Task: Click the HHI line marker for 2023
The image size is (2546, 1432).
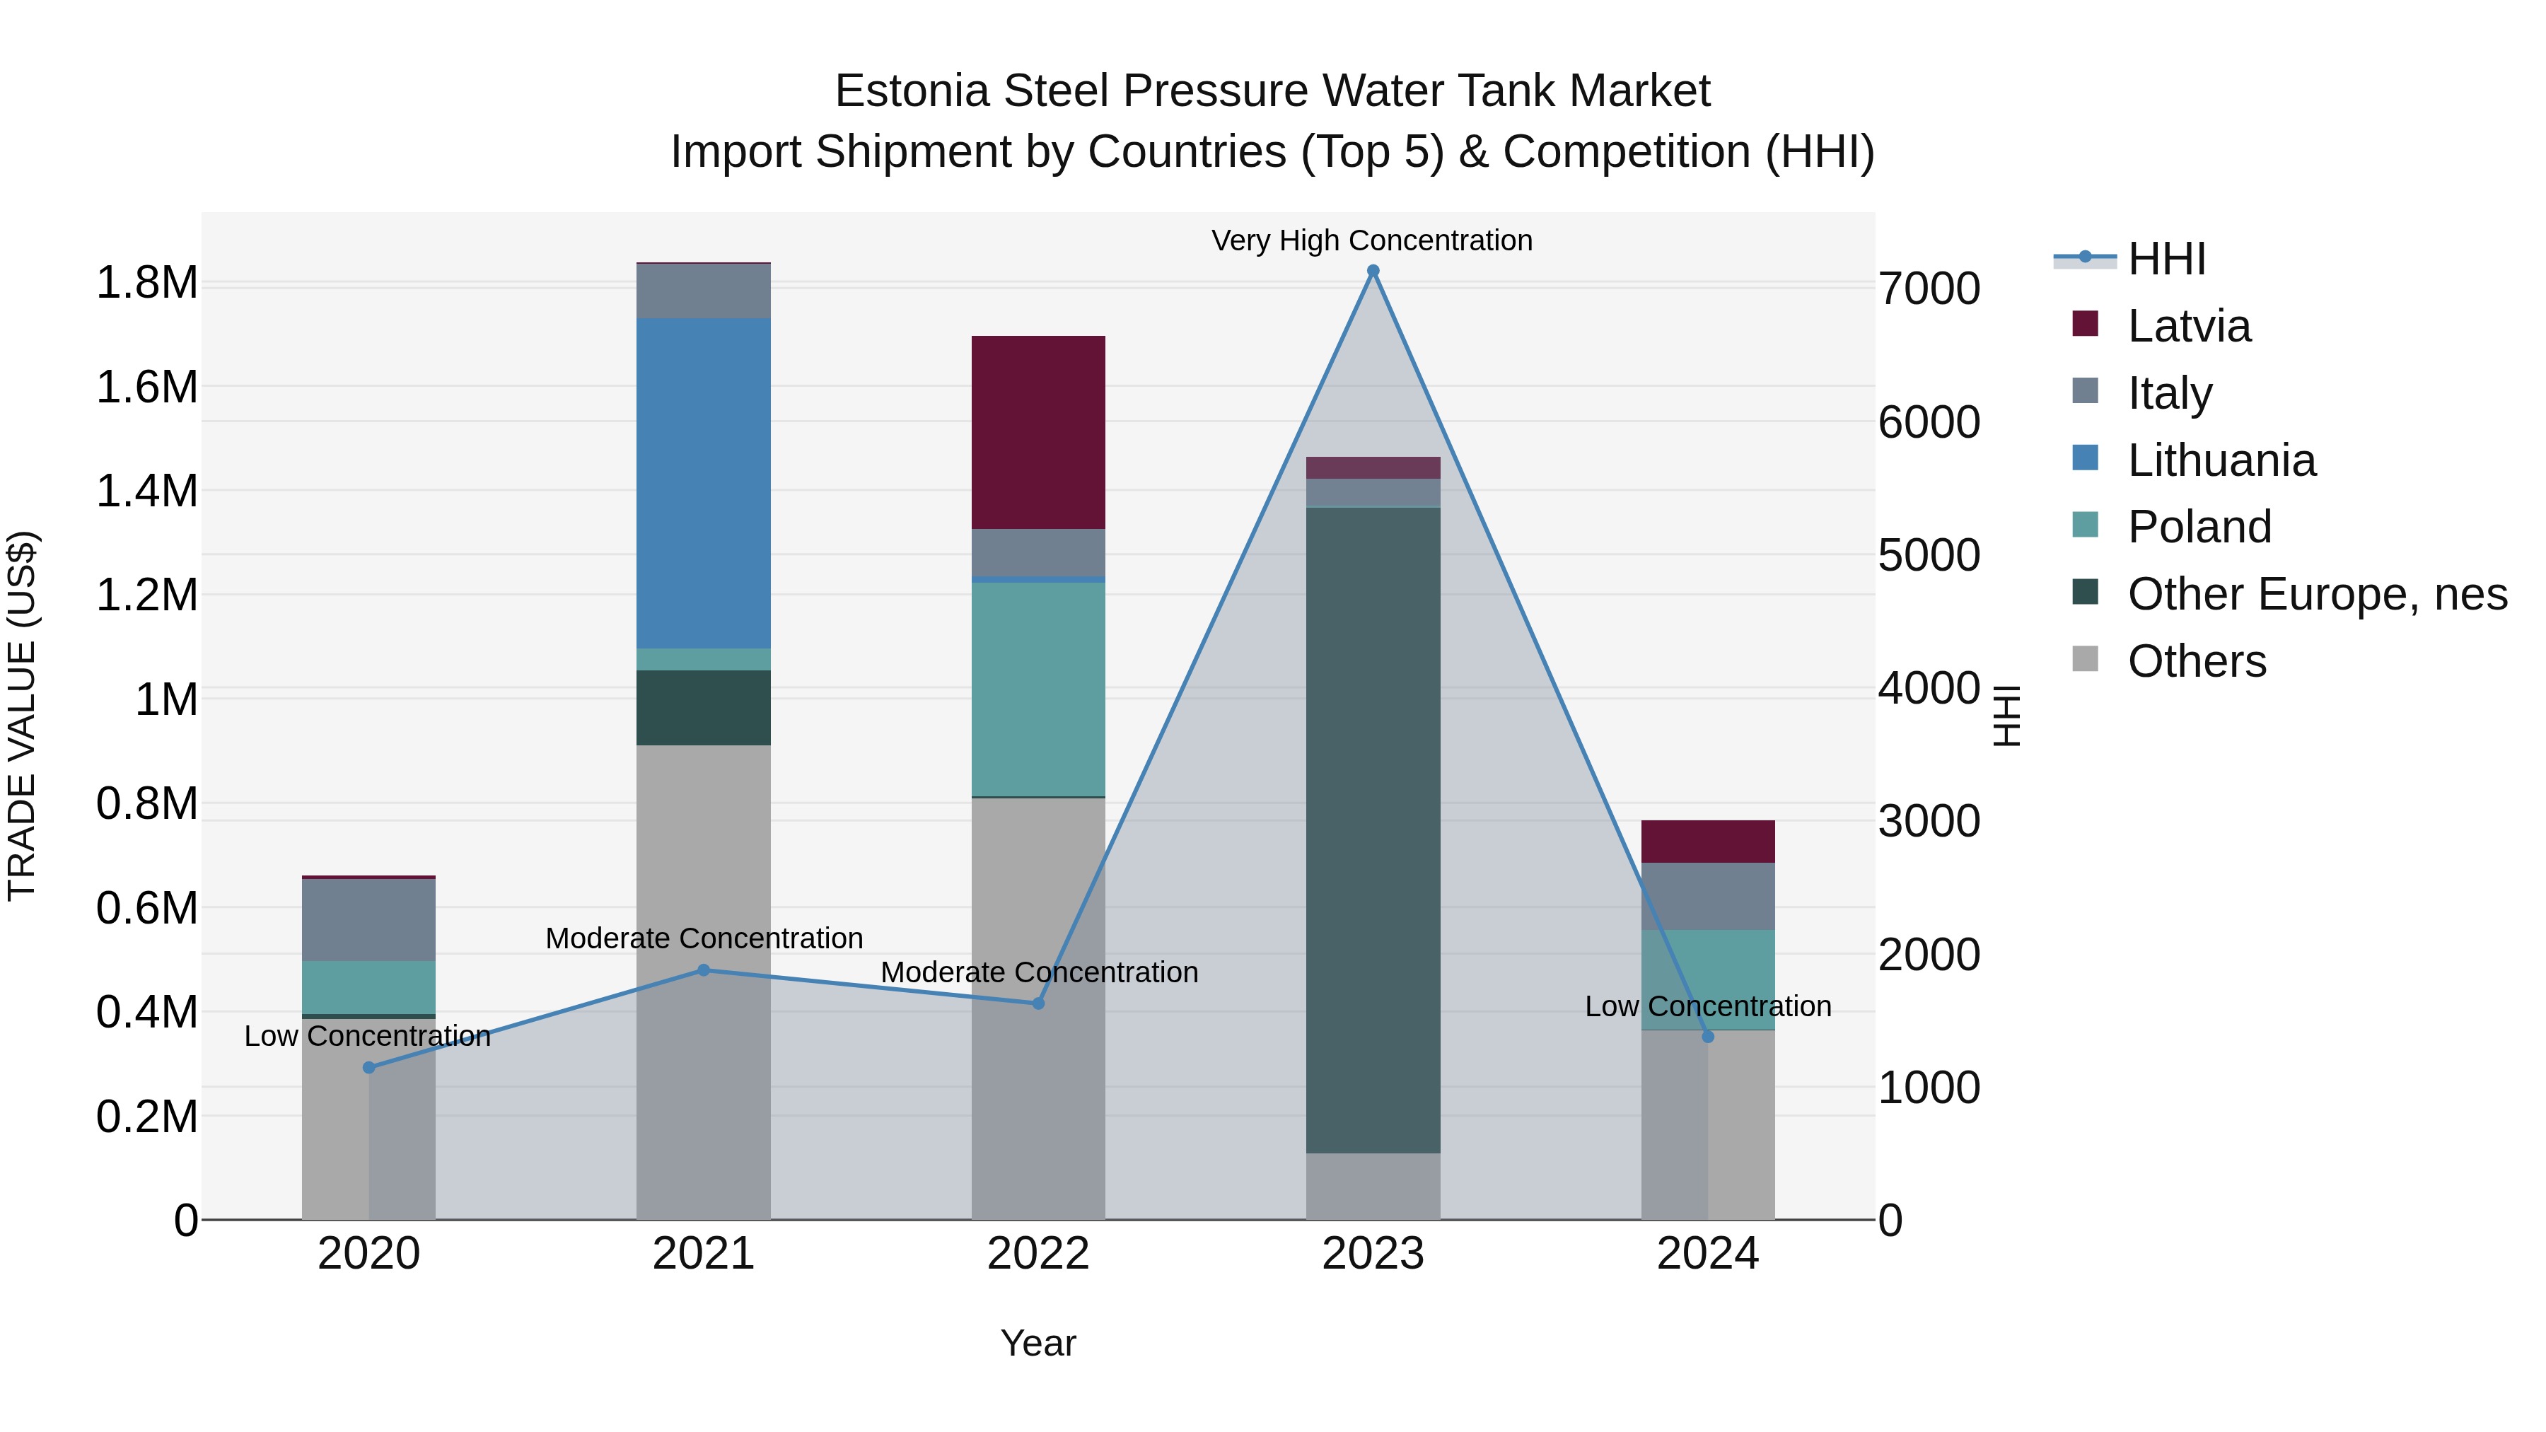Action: click(1373, 271)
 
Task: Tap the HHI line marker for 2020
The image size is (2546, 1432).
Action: click(368, 1067)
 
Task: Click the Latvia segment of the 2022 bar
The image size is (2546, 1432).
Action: click(1037, 432)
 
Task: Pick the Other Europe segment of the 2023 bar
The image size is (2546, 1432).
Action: click(1373, 830)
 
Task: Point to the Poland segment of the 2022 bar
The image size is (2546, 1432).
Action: click(1037, 689)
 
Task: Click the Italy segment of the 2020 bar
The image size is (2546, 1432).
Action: click(368, 919)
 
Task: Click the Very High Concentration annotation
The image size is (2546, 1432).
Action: click(1372, 240)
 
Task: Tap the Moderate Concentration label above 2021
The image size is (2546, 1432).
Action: click(704, 938)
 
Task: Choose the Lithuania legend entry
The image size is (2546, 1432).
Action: click(2221, 460)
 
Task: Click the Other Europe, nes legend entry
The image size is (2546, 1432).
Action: click(2317, 594)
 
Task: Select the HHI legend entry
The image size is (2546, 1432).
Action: click(2166, 259)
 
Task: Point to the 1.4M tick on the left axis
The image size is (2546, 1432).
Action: click(146, 491)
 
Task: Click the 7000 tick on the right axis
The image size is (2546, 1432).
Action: click(1929, 289)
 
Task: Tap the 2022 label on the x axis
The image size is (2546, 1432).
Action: click(1037, 1254)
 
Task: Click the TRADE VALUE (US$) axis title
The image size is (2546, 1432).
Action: click(22, 716)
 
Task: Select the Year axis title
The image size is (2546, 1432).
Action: click(1037, 1343)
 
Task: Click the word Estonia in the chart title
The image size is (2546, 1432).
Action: click(912, 91)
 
